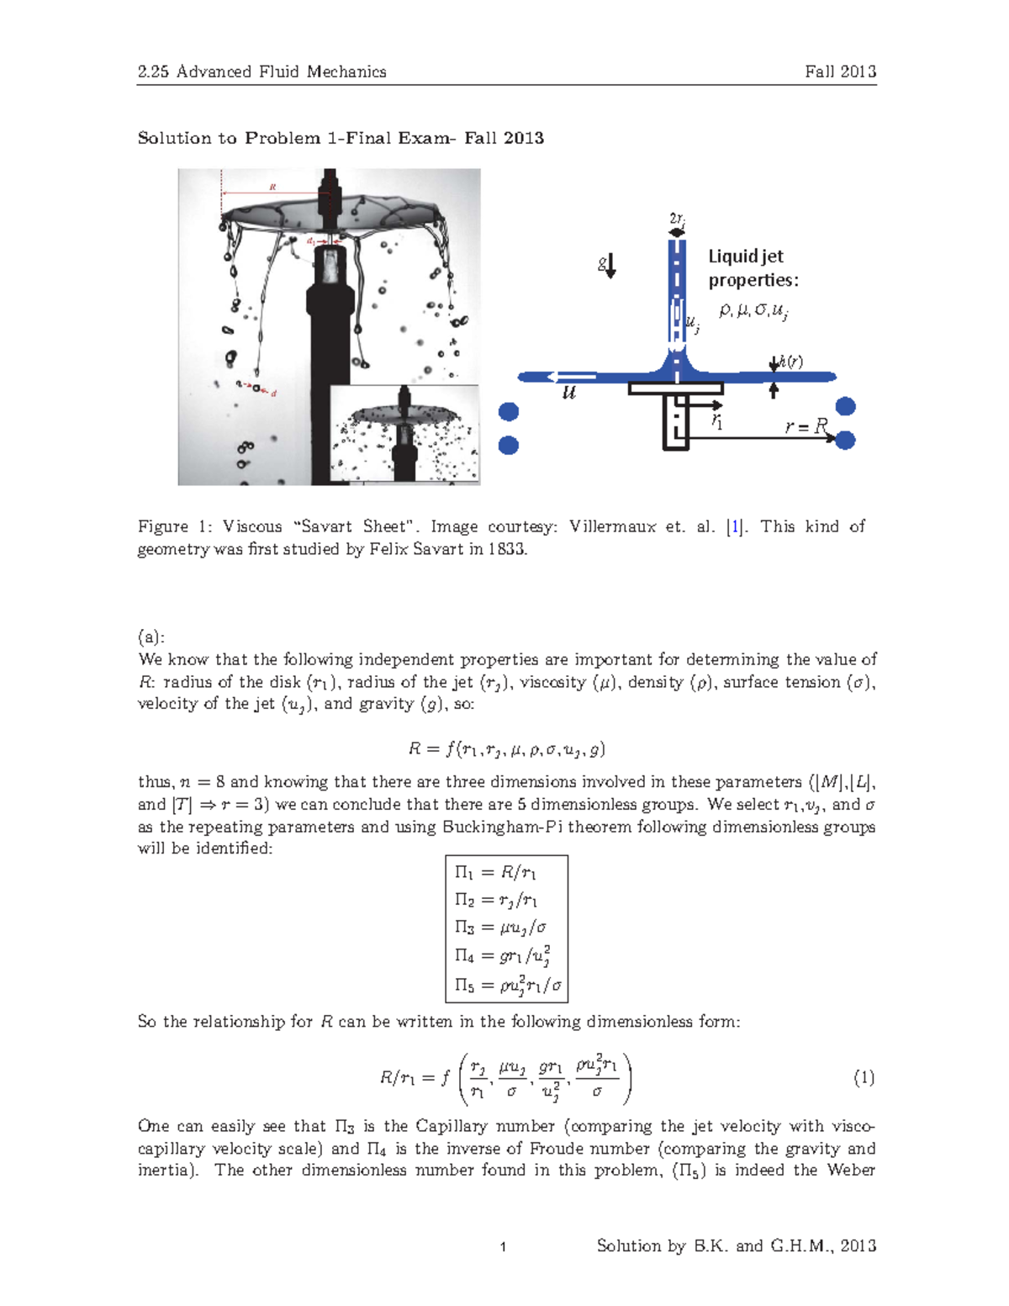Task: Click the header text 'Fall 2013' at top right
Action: click(x=840, y=71)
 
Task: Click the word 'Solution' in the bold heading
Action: click(x=174, y=138)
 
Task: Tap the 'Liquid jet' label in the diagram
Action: click(x=745, y=256)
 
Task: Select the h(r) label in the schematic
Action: click(x=790, y=362)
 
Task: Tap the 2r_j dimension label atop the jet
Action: click(x=677, y=219)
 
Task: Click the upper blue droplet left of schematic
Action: click(x=509, y=411)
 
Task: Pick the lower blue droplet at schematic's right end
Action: click(x=846, y=440)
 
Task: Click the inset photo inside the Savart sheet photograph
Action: click(x=404, y=434)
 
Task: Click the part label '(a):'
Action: click(x=151, y=637)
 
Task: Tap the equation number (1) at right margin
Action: click(x=864, y=1077)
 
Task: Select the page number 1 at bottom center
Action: click(x=503, y=1247)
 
